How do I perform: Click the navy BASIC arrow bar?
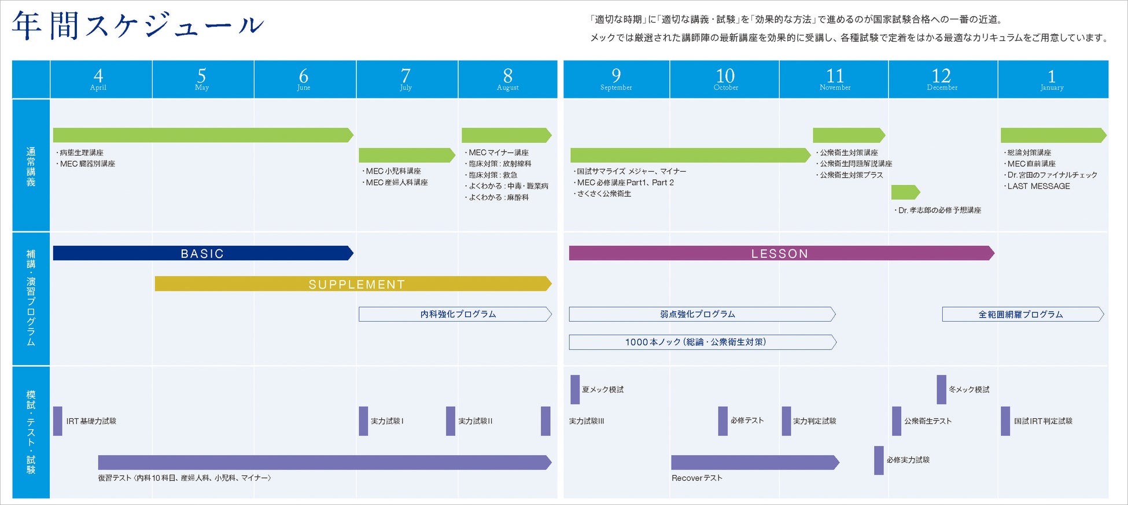pyautogui.click(x=202, y=253)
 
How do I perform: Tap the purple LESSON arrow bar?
pyautogui.click(x=781, y=253)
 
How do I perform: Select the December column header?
pyautogui.click(x=942, y=79)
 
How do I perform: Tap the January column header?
pyautogui.click(x=1052, y=79)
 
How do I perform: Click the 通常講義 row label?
pyautogui.click(x=31, y=167)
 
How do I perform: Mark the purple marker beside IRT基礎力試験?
pyautogui.click(x=58, y=421)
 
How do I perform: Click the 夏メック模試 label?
pyautogui.click(x=603, y=390)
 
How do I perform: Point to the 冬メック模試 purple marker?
pyautogui.click(x=941, y=389)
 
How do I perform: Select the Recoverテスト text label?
pyautogui.click(x=697, y=478)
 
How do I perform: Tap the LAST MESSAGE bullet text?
pyautogui.click(x=1038, y=186)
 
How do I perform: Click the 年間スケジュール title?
pyautogui.click(x=138, y=25)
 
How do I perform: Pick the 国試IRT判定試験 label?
pyautogui.click(x=1043, y=421)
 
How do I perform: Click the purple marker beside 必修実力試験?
pyautogui.click(x=879, y=460)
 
